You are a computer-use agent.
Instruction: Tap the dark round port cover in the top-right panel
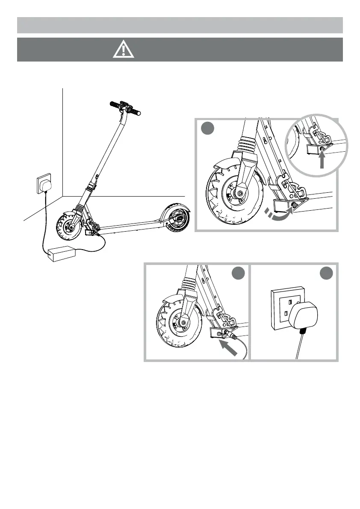294,206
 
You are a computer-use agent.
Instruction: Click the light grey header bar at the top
180,25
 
